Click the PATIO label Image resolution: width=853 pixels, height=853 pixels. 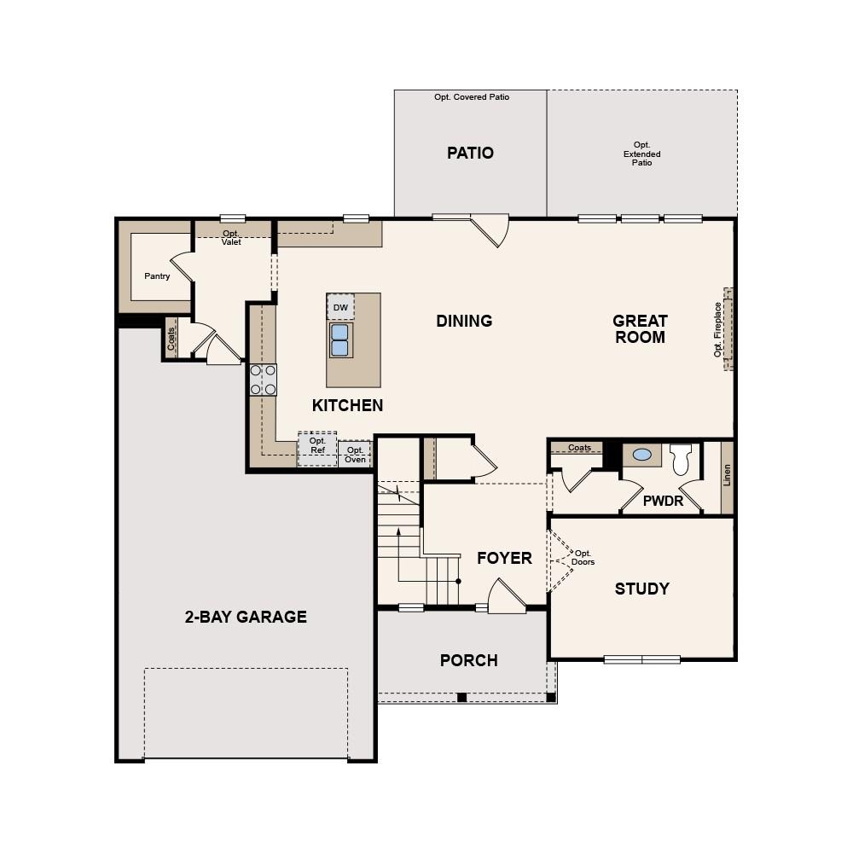tap(470, 154)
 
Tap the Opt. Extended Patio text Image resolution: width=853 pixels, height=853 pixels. tap(641, 154)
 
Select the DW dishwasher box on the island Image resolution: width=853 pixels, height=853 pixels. tap(340, 307)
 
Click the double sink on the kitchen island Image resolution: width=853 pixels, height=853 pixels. tap(340, 339)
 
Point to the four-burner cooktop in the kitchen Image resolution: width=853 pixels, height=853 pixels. tap(263, 380)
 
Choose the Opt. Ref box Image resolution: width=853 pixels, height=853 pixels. tap(317, 447)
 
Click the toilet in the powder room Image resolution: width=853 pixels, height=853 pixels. tap(681, 459)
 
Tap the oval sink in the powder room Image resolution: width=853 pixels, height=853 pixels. tap(642, 456)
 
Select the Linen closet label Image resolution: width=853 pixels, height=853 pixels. tap(727, 475)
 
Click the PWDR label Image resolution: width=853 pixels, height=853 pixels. tap(663, 502)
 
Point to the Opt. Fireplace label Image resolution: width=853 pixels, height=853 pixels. tap(718, 329)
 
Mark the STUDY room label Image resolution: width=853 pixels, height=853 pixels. tap(641, 589)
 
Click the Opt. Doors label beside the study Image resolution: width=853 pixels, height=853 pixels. tap(583, 558)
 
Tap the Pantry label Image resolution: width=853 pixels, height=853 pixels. tap(157, 276)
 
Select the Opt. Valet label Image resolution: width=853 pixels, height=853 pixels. tap(231, 238)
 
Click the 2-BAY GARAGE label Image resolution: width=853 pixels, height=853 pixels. tap(246, 617)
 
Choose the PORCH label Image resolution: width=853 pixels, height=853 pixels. tap(468, 660)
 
